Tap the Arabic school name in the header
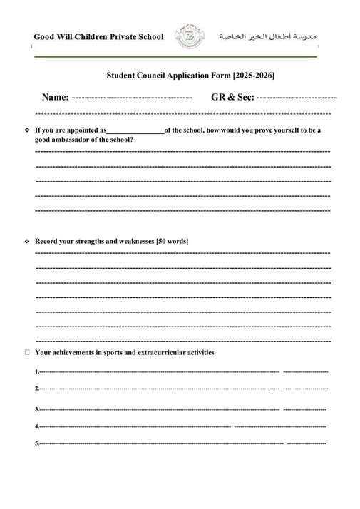click(267, 36)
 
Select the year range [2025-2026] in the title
click(249, 74)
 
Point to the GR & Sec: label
click(232, 96)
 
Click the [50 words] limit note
click(172, 242)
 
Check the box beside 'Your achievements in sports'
click(27, 352)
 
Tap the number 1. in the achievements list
click(36, 372)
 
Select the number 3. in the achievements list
click(36, 410)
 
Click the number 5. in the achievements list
click(36, 443)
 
